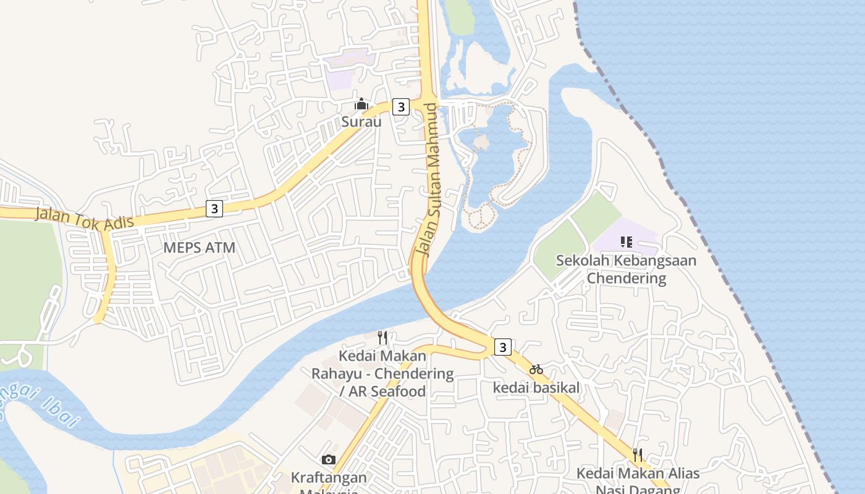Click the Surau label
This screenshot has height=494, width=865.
click(x=361, y=122)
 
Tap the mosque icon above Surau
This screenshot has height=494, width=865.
click(x=361, y=104)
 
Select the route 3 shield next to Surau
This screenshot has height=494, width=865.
click(x=401, y=107)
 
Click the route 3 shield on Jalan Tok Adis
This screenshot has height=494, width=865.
click(x=214, y=209)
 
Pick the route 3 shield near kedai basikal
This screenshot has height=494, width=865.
click(x=503, y=347)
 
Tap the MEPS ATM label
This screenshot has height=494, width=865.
click(x=200, y=248)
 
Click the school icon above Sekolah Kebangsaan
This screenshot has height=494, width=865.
click(x=627, y=241)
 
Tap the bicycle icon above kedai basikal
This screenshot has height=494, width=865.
click(x=536, y=370)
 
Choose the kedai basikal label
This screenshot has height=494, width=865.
click(x=536, y=388)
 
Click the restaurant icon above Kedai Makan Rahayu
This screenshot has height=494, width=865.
click(x=382, y=338)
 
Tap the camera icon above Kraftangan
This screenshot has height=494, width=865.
click(x=329, y=459)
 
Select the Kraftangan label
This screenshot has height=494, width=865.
click(x=329, y=477)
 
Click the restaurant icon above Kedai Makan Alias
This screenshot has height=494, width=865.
click(x=638, y=455)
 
